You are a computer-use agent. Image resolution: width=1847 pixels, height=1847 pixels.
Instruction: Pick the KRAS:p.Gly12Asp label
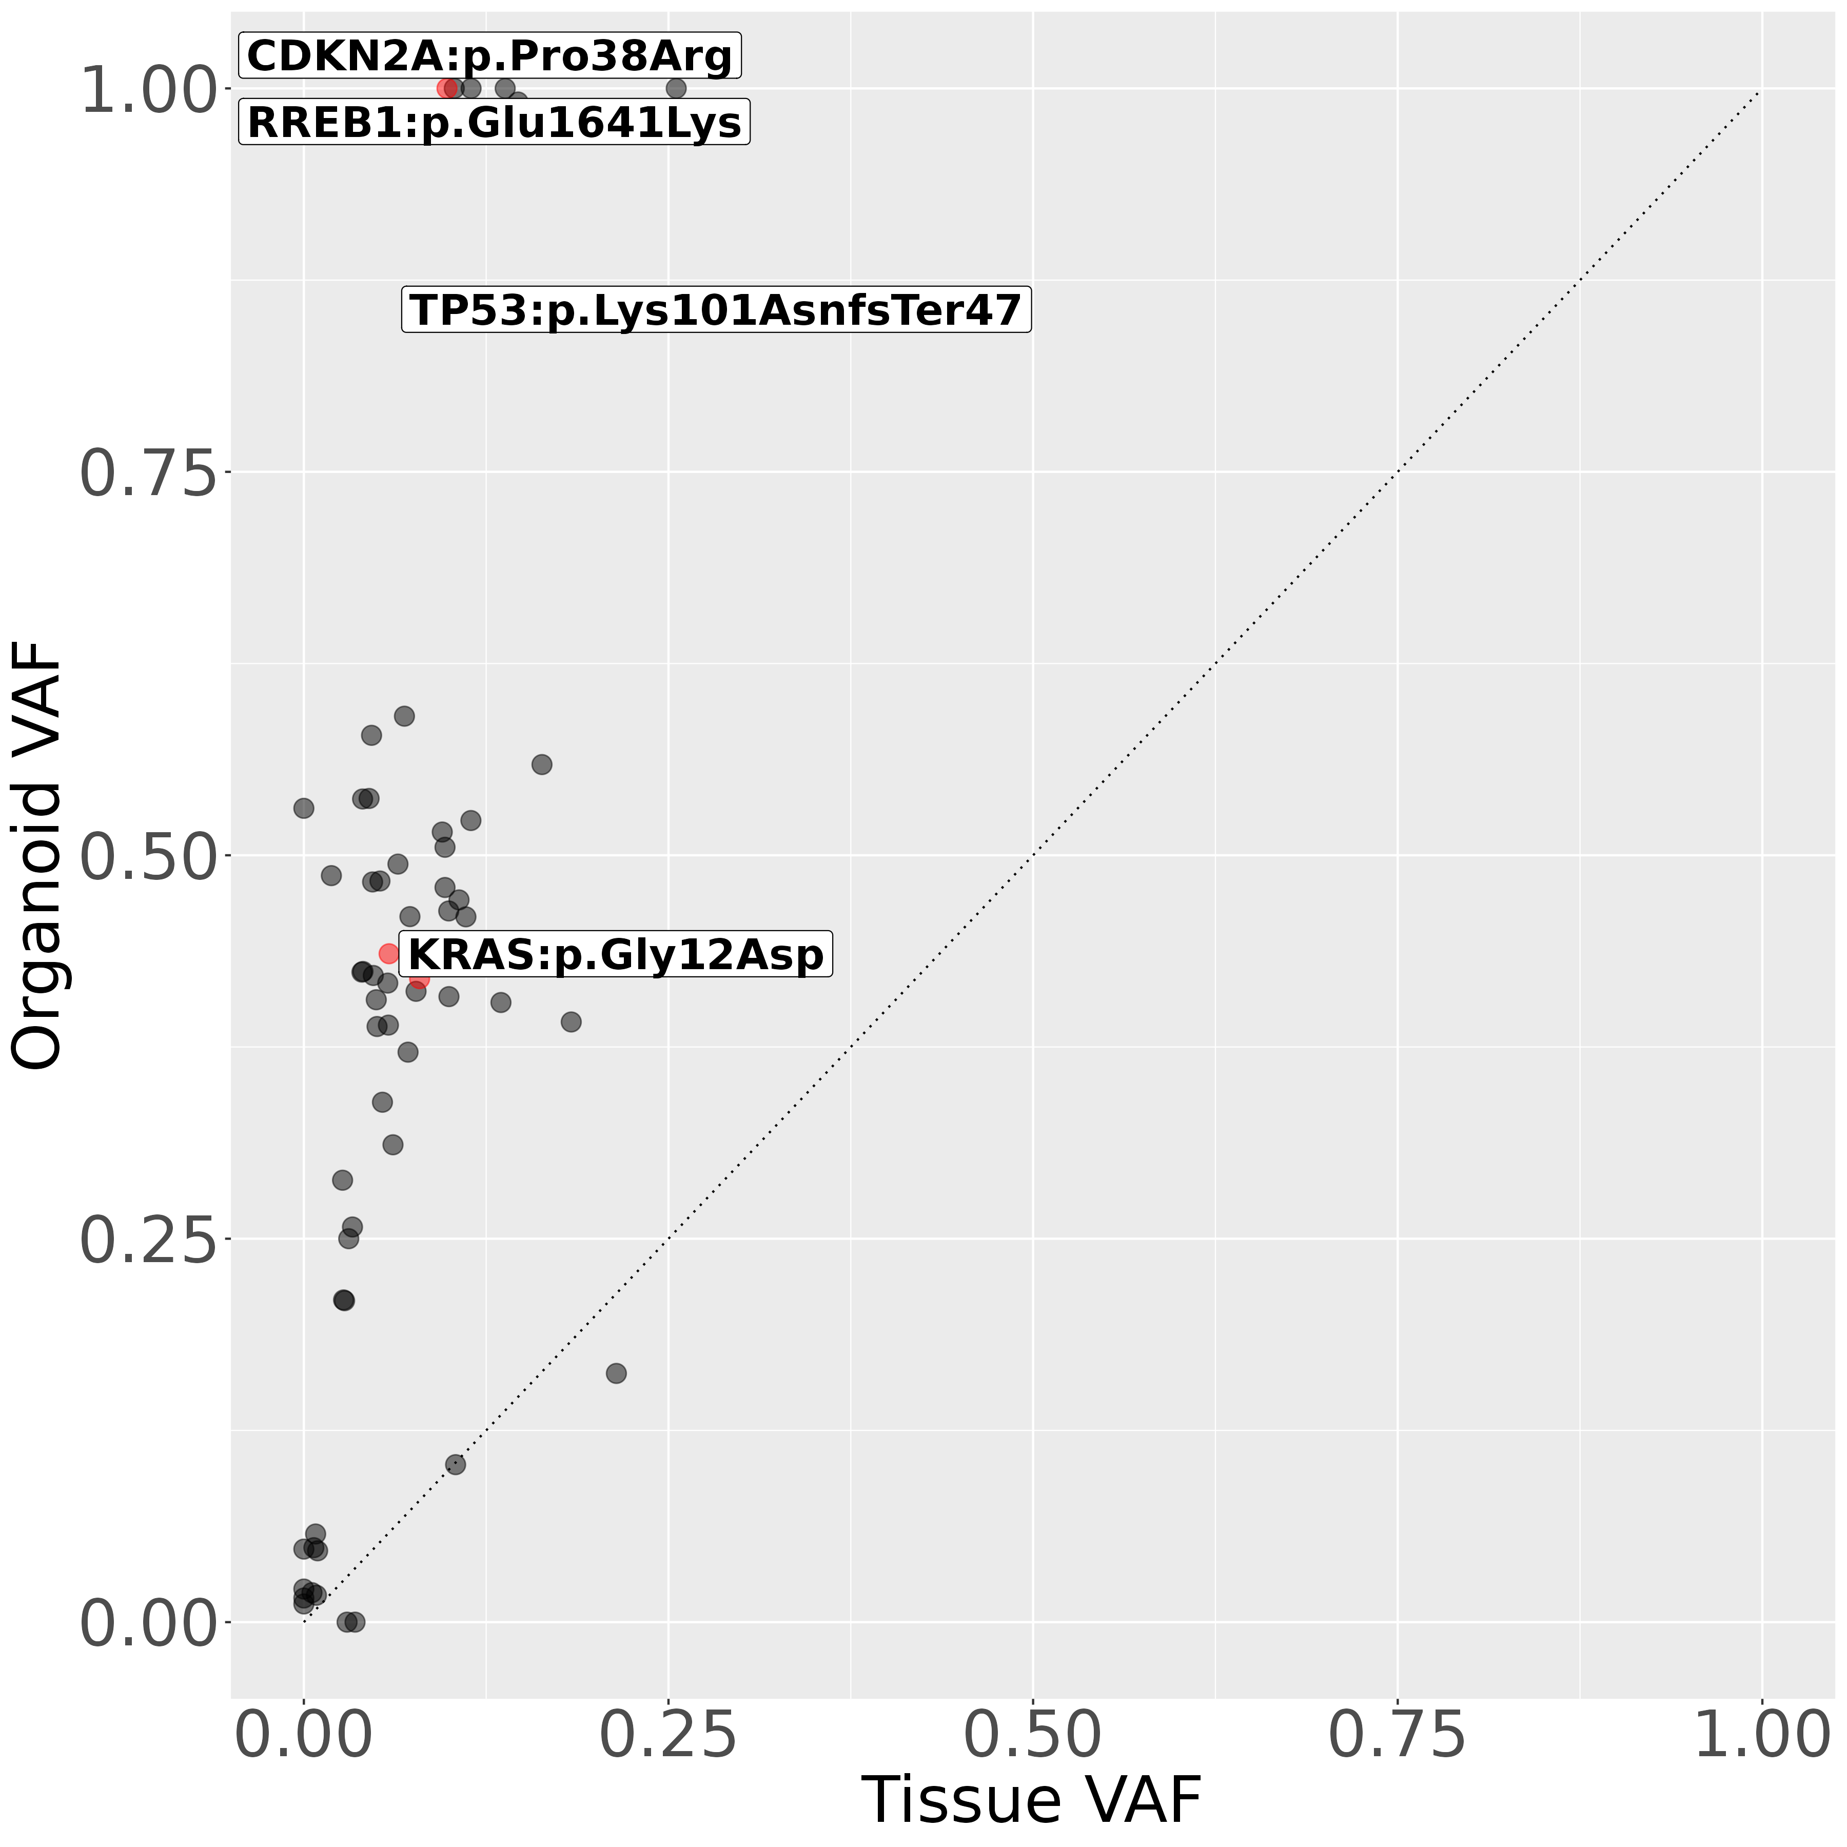pos(616,954)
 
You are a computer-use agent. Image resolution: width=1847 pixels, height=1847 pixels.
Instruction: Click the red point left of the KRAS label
pos(389,953)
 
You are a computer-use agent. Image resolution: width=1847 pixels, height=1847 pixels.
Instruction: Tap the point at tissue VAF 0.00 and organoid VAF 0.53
pos(304,808)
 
